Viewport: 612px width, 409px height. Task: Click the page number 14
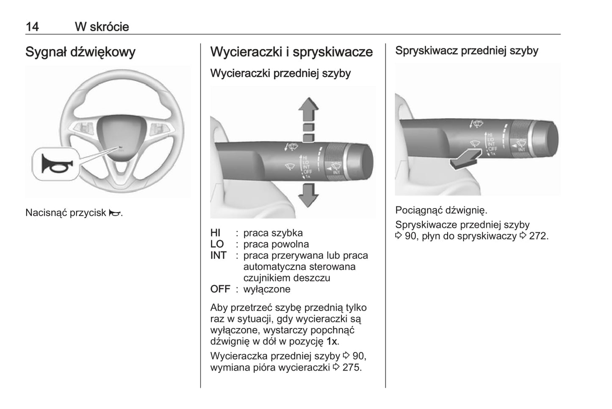point(32,27)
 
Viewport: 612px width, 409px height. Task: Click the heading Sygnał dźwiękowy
point(80,52)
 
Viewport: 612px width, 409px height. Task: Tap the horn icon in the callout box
point(55,164)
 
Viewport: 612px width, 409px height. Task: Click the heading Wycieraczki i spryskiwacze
point(291,52)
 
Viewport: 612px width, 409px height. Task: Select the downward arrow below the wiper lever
point(308,195)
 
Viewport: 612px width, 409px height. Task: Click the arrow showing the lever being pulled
point(465,159)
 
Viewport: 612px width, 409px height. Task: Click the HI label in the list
point(215,233)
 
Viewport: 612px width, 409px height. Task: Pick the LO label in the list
point(217,244)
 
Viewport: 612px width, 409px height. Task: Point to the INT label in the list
point(218,256)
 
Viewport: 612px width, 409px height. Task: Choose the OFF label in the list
point(220,289)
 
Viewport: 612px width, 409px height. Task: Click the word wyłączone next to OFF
point(267,289)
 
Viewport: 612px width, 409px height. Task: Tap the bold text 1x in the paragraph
point(332,341)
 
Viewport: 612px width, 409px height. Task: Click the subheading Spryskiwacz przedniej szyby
point(466,51)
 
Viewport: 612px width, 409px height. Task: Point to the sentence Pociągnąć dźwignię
point(441,210)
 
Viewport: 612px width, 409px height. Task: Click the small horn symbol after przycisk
point(114,213)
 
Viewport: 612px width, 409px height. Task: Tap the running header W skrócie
point(102,27)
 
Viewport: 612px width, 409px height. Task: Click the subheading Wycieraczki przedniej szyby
point(280,73)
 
